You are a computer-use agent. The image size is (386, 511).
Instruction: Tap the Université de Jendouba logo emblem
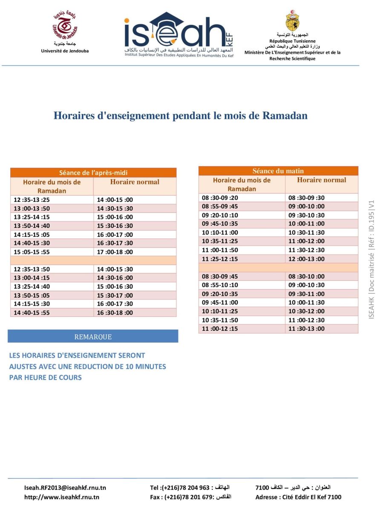pos(65,27)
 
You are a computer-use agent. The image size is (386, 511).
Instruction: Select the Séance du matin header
pos(278,171)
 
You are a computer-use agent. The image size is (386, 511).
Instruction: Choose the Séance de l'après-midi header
pos(93,172)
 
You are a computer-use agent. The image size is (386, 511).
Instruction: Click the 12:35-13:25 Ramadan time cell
pos(32,200)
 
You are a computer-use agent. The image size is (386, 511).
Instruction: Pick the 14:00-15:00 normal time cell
pos(115,200)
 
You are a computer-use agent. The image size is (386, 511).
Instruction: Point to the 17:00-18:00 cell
pos(115,252)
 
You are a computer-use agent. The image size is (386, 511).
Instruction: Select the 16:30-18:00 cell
pos(115,312)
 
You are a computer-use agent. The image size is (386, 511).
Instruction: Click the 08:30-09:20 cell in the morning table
pos(220,198)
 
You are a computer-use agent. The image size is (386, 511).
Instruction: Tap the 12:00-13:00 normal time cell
pos(306,259)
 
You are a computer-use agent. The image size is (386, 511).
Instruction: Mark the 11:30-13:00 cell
pos(306,328)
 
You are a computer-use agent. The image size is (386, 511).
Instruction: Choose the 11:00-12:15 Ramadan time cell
pos(220,328)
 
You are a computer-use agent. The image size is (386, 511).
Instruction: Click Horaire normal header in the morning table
pos(321,180)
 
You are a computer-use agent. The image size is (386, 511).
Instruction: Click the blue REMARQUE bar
pos(93,336)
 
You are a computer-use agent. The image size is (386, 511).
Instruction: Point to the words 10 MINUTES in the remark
pos(144,366)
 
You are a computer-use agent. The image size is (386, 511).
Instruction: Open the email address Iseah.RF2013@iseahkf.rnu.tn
pos(65,488)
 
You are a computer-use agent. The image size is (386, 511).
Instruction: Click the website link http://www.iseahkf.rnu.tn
pos(62,497)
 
